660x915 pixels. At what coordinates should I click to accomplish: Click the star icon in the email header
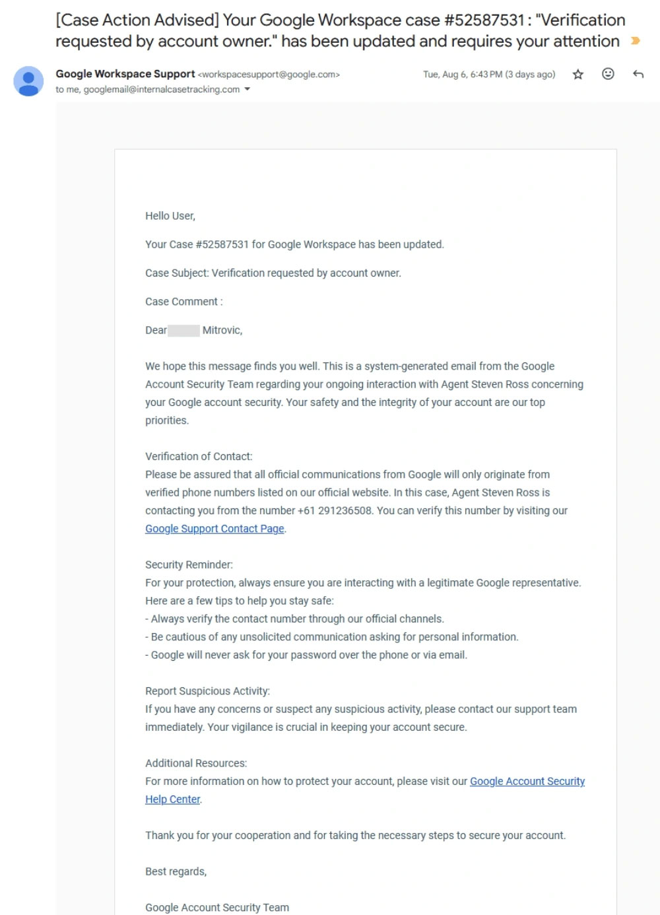point(578,75)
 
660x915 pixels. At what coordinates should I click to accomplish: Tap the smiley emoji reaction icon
point(608,74)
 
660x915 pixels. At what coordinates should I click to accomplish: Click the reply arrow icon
point(638,74)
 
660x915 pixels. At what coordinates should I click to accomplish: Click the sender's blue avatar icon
point(28,81)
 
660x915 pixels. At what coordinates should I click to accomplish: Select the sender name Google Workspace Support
point(125,74)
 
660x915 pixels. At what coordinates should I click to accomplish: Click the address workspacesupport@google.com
point(269,75)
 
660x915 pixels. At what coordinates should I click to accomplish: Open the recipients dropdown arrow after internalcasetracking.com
point(247,89)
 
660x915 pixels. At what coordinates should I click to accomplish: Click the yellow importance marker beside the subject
point(636,41)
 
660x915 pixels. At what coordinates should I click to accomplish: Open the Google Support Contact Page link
point(214,528)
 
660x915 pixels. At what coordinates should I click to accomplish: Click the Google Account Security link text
point(527,781)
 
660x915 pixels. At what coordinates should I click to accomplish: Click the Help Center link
point(172,799)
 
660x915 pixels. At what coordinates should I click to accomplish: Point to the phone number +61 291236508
point(335,510)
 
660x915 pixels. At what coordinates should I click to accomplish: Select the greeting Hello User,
point(170,216)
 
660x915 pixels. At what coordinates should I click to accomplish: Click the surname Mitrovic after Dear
point(222,330)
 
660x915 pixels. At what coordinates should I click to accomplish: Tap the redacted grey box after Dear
point(183,330)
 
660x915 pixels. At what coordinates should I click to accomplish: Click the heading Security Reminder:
point(189,564)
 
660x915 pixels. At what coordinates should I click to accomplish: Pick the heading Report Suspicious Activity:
point(207,691)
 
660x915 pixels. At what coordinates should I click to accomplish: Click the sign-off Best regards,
point(176,871)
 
